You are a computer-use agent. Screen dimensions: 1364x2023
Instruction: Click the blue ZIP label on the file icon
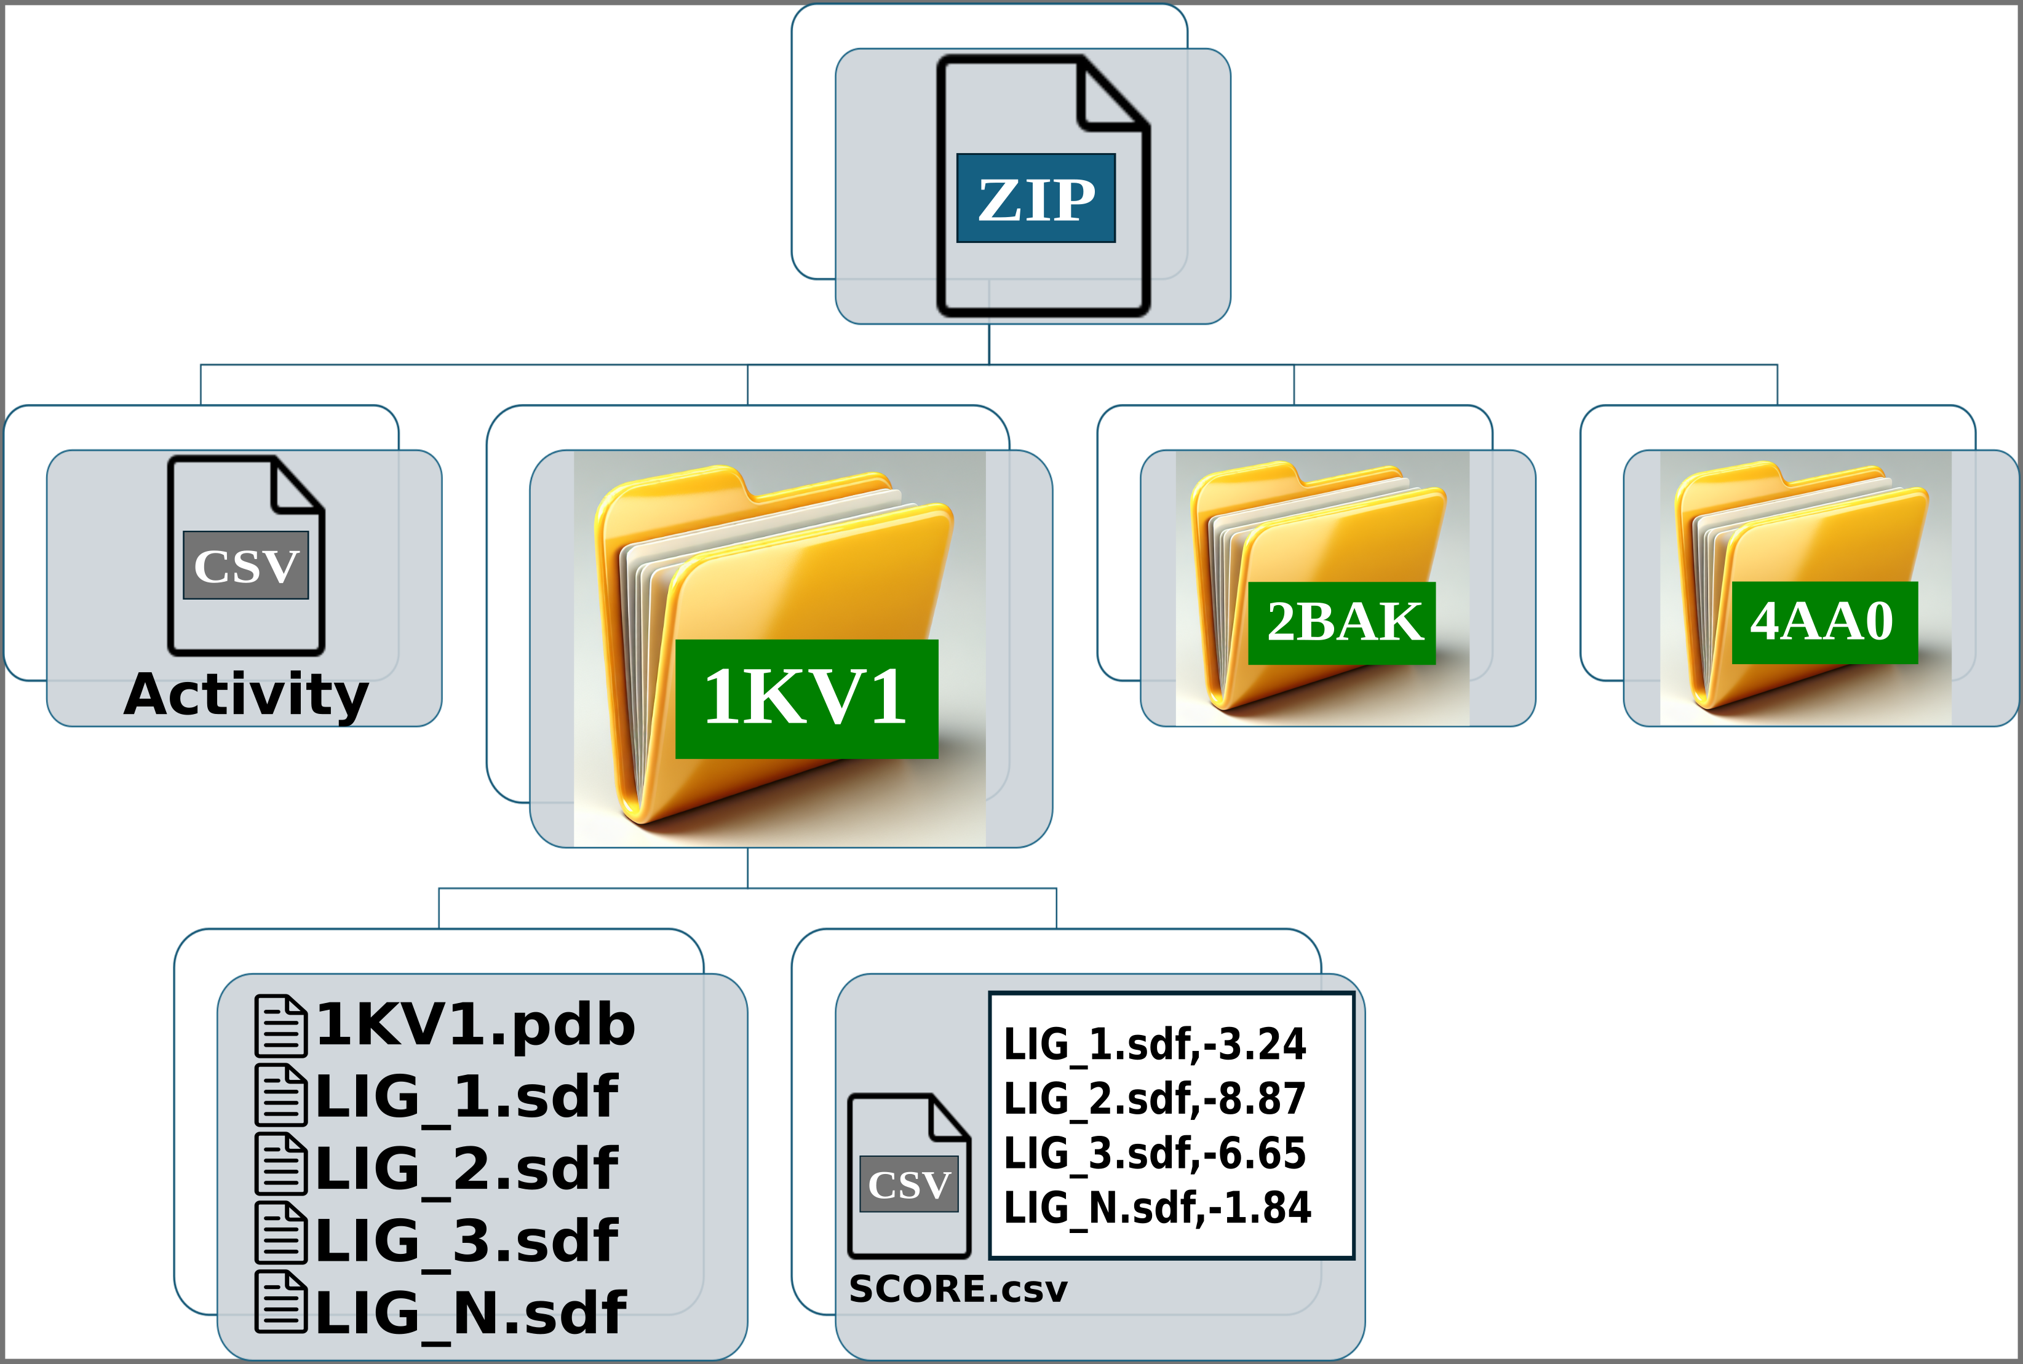point(1035,199)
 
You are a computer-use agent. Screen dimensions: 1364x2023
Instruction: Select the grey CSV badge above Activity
point(246,565)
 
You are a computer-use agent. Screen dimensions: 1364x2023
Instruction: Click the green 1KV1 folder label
point(806,699)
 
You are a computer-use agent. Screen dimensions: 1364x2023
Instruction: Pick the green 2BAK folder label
point(1341,623)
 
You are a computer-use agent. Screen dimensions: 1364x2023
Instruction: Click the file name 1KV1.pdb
point(475,1025)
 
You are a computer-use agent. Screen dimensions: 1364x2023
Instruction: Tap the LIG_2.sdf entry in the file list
point(466,1169)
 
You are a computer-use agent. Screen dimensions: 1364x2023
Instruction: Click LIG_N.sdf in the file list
point(470,1314)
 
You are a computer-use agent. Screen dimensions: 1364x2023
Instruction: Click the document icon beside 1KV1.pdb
point(280,1026)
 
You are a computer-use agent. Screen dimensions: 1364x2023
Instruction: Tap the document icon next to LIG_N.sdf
point(280,1303)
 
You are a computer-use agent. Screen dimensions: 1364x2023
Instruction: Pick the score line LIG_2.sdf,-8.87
point(1154,1099)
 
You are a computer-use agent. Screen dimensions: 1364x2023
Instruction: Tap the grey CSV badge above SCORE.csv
point(908,1184)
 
